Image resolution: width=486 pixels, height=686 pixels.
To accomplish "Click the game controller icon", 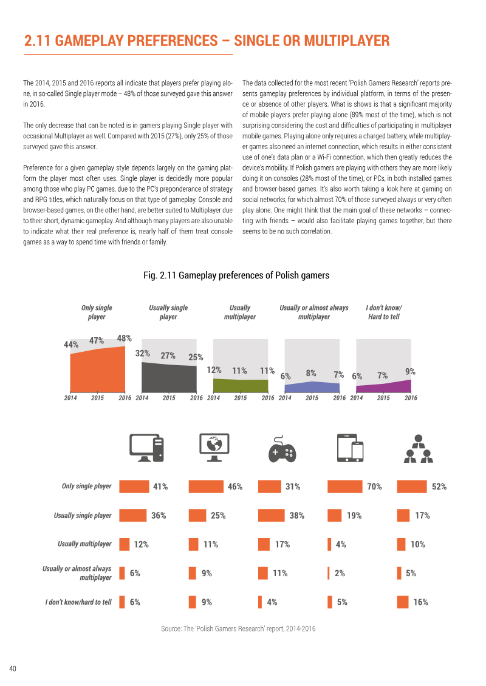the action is point(282,449).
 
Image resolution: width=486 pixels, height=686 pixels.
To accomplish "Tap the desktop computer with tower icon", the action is point(147,448).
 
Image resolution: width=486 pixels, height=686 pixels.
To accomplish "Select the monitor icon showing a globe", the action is point(214,448).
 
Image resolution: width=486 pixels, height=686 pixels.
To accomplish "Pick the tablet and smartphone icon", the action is point(350,448).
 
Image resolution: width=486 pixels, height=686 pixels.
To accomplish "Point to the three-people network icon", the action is point(419,449).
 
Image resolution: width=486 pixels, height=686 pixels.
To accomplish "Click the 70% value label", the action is point(374,486).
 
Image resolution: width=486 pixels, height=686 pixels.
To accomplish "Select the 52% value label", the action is point(439,486).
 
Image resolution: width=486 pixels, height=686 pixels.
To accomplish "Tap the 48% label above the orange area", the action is point(124,338).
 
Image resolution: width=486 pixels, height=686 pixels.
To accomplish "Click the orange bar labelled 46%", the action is point(206,486).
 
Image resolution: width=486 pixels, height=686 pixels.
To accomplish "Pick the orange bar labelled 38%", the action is point(272,516).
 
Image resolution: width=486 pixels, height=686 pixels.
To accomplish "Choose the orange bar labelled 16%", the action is point(403,602).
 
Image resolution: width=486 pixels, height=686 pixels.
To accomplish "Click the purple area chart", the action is point(383,387).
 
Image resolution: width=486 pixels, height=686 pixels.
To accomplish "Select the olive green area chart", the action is point(241,386).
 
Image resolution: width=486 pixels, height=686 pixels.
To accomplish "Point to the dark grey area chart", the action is point(169,378).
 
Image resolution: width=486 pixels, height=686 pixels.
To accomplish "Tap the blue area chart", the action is point(312,387).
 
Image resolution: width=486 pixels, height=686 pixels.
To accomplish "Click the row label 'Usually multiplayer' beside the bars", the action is point(84,544).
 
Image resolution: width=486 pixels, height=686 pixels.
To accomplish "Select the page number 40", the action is point(13,668).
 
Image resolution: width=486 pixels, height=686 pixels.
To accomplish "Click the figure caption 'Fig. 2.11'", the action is point(160,275).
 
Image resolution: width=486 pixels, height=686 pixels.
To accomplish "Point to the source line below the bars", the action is point(238,629).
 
